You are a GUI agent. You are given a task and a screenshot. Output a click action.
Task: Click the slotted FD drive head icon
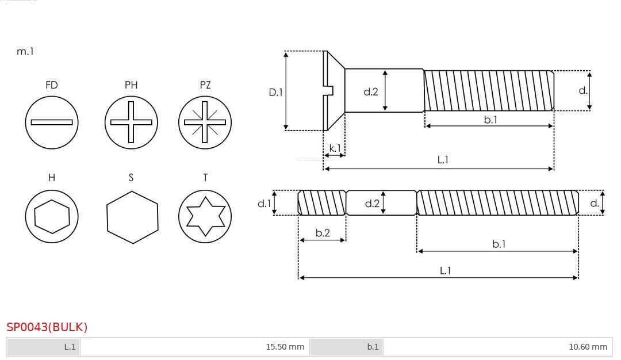[x=52, y=122]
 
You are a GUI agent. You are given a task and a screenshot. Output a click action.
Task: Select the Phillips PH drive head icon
[x=131, y=122]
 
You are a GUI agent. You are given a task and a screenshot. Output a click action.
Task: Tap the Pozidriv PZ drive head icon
[x=205, y=122]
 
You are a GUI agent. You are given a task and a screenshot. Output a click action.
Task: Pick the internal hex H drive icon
[x=52, y=216]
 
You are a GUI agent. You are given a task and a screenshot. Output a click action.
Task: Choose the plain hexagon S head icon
[x=132, y=217]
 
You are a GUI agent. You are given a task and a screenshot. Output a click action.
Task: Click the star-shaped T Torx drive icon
[x=205, y=216]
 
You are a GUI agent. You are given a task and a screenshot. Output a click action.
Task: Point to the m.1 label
[x=25, y=51]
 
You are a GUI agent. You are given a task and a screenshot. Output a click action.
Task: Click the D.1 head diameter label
[x=276, y=91]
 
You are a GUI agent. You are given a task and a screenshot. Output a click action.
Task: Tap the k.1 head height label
[x=334, y=148]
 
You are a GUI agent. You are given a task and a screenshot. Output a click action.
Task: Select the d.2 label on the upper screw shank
[x=371, y=91]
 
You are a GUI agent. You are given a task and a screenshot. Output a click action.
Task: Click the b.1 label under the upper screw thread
[x=490, y=120]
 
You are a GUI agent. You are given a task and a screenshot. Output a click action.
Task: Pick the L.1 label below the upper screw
[x=443, y=160]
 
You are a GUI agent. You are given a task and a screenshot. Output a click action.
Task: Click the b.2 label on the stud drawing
[x=323, y=233]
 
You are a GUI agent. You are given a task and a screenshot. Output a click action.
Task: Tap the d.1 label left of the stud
[x=264, y=203]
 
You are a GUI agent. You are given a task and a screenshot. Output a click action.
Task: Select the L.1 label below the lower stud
[x=445, y=270]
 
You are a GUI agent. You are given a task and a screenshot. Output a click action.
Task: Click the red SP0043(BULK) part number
[x=47, y=327]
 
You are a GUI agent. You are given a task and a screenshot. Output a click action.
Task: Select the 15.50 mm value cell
[x=194, y=347]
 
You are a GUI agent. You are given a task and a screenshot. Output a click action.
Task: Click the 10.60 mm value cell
[x=497, y=347]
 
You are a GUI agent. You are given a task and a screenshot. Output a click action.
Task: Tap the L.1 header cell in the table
[x=44, y=347]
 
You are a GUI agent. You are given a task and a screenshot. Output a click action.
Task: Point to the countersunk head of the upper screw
[x=334, y=90]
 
